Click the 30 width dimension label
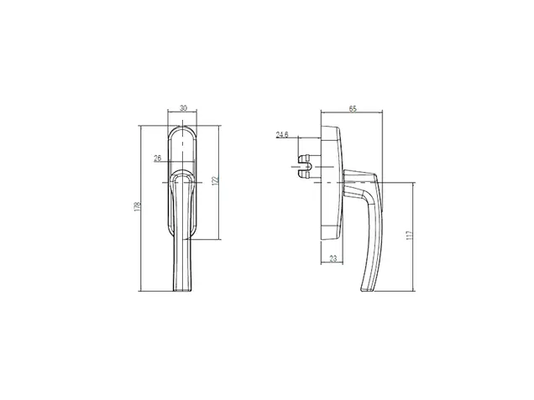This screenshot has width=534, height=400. [183, 108]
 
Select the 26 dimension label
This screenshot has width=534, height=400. [157, 158]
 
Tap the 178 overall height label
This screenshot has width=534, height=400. [138, 206]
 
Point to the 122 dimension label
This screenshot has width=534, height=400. [215, 180]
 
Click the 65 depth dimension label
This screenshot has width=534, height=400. [353, 108]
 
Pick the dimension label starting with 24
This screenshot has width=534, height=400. [282, 135]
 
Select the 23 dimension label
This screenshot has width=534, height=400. [333, 258]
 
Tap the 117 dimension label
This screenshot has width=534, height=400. [410, 235]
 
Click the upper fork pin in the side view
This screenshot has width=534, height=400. [304, 158]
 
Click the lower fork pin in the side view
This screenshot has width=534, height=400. [304, 174]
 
